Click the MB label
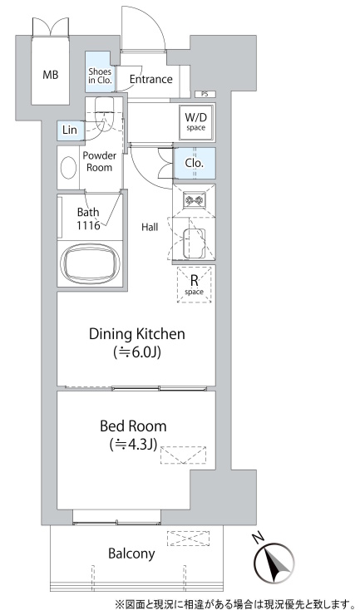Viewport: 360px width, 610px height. [51, 74]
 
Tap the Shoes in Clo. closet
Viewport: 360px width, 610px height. [101, 73]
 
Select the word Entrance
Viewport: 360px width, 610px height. [151, 79]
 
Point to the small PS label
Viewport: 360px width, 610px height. [205, 94]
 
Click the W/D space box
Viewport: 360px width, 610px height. [195, 122]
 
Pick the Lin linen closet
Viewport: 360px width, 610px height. [70, 130]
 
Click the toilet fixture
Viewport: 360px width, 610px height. [104, 112]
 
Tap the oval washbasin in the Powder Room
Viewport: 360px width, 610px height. [68, 168]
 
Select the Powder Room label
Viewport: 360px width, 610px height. [99, 161]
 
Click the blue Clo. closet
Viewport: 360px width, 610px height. [195, 163]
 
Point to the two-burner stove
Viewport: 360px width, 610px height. [195, 200]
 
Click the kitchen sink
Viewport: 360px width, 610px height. [194, 244]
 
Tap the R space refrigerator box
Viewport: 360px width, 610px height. [195, 284]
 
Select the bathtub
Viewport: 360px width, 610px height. [91, 263]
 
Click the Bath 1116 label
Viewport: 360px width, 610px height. [88, 219]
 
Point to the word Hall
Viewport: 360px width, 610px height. [150, 227]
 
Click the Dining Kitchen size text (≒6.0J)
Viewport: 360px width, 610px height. [137, 352]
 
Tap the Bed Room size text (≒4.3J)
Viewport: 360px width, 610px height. [134, 445]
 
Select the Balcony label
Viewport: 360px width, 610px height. [131, 553]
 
